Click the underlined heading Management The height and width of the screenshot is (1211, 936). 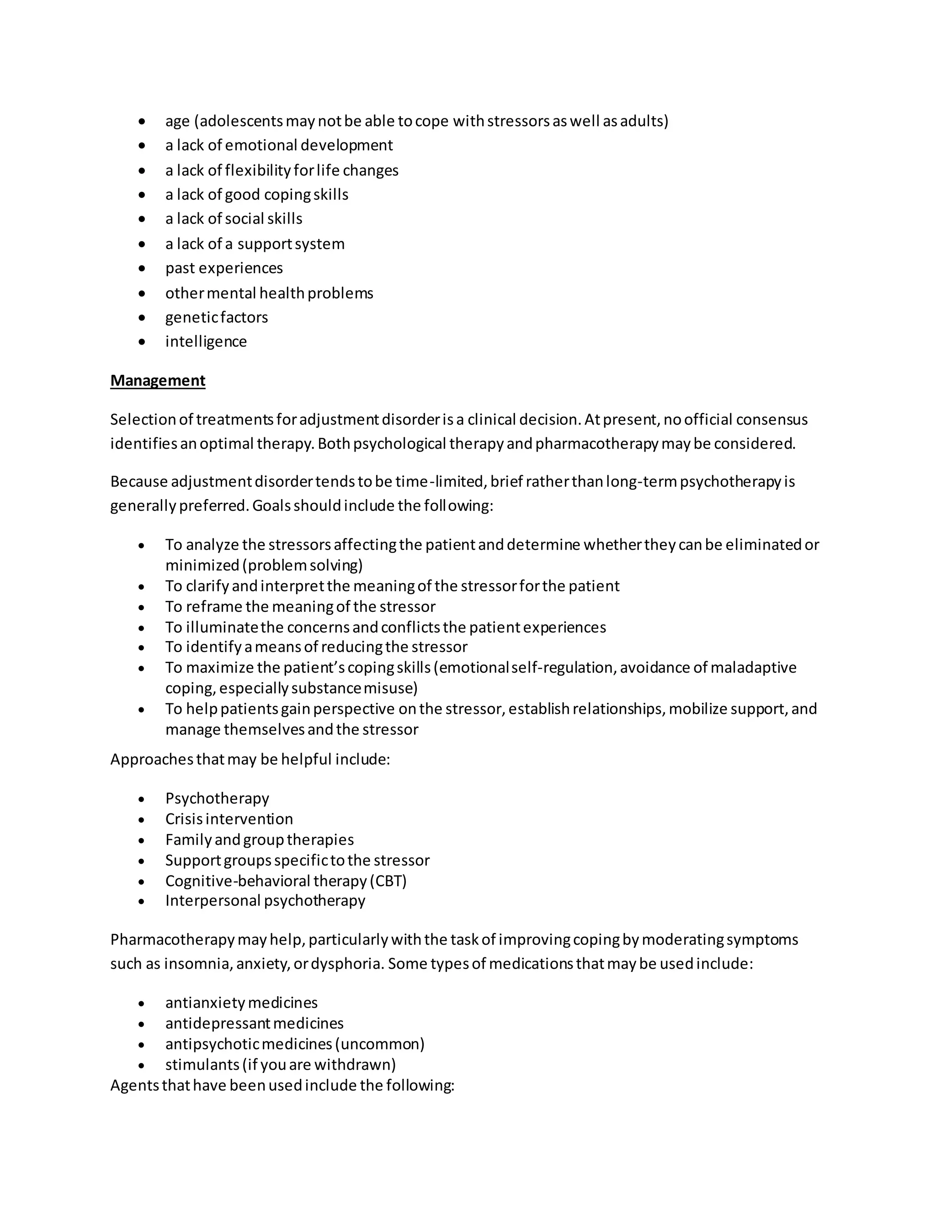pos(158,380)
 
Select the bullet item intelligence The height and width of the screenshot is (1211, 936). pos(206,341)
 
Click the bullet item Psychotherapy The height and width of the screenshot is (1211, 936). pos(217,798)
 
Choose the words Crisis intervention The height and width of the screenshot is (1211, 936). pos(229,819)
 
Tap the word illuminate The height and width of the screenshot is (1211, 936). pos(222,627)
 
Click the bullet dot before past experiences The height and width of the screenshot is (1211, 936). pos(142,268)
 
